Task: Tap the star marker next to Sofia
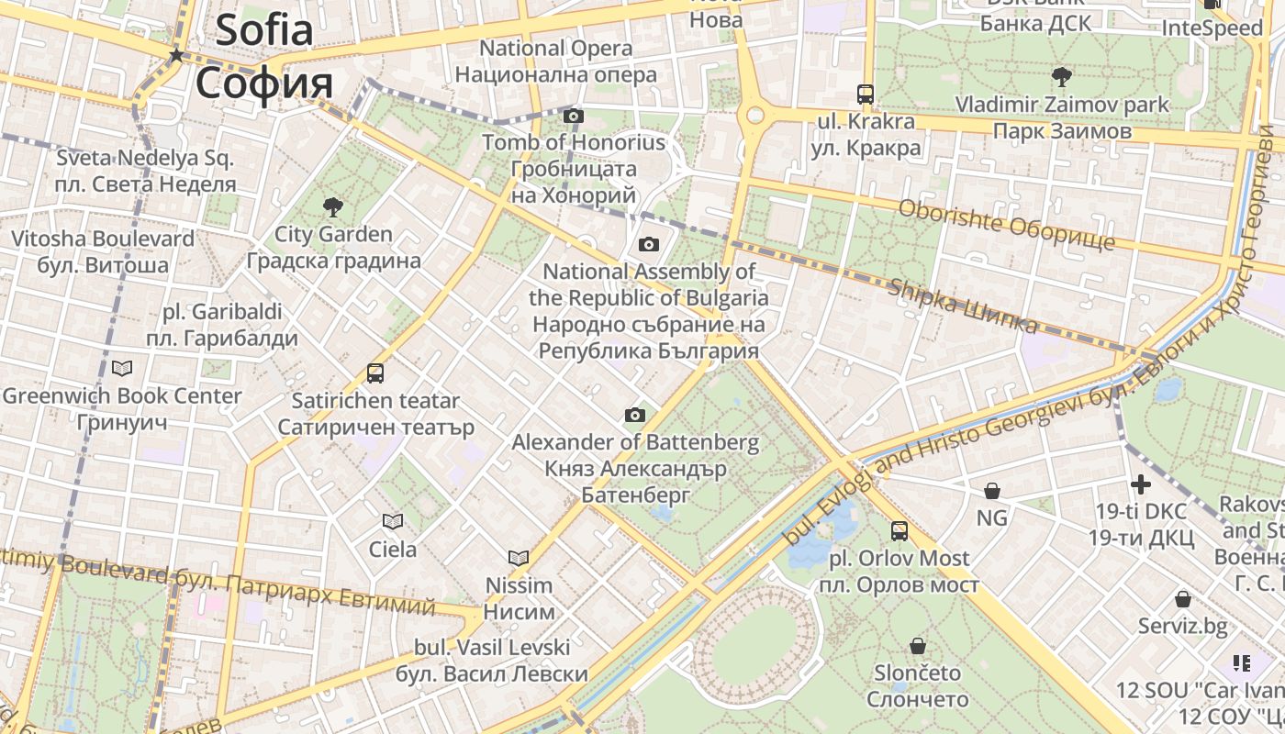(176, 56)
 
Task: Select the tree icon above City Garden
(333, 207)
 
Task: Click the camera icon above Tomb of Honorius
(574, 116)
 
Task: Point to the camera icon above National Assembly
(649, 244)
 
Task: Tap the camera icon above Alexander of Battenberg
(635, 416)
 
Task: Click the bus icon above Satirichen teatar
(375, 373)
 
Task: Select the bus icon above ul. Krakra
(866, 94)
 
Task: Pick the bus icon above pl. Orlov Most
(899, 531)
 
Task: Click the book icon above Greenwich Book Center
(122, 369)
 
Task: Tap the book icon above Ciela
(393, 522)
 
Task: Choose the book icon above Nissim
(519, 558)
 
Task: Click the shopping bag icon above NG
(991, 491)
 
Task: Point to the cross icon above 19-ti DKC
(1141, 484)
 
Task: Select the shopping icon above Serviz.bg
(1183, 599)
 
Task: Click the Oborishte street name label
(1007, 225)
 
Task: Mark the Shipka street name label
(963, 306)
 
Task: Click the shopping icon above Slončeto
(917, 646)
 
